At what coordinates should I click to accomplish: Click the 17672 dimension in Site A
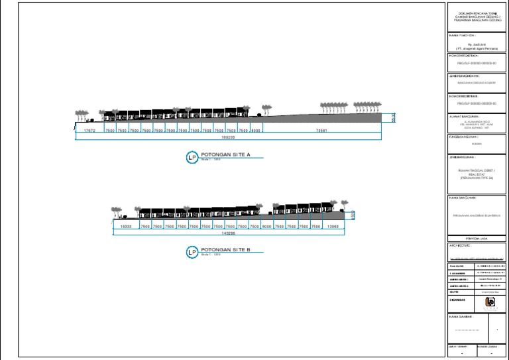coord(90,131)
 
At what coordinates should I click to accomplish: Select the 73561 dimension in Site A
coord(322,131)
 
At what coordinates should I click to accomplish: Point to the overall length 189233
coord(228,138)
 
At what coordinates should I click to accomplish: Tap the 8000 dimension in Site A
coord(255,131)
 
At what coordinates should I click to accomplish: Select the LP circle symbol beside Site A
coord(192,157)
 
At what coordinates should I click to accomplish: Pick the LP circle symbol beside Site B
coord(192,253)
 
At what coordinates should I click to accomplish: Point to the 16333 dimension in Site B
coord(126,227)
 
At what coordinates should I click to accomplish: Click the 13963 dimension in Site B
coord(333,227)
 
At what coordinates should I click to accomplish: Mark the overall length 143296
coord(229,233)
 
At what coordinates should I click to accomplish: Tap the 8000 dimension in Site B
coord(267,227)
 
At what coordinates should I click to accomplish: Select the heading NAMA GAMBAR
coord(463,317)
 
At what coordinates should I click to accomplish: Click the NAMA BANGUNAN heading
coord(463,197)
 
